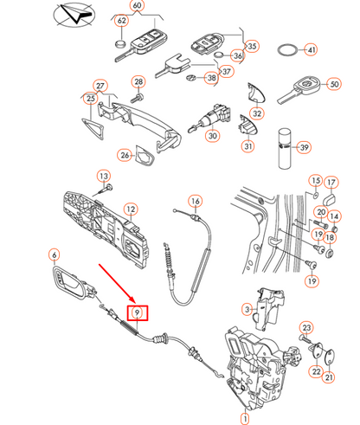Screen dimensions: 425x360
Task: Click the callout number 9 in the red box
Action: tap(136, 313)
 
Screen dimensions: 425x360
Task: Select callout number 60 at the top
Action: tap(138, 6)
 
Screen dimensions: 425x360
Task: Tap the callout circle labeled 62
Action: tap(121, 20)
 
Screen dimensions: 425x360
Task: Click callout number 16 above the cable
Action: tap(195, 202)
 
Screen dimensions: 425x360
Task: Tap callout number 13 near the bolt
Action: tap(105, 177)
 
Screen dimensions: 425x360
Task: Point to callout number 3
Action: tap(247, 308)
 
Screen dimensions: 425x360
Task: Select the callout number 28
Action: tap(138, 82)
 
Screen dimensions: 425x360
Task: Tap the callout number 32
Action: tap(257, 113)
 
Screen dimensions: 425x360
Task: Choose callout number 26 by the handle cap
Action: tap(125, 156)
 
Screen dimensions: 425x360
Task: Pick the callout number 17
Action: tap(330, 183)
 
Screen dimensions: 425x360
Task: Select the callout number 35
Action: tap(251, 46)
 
